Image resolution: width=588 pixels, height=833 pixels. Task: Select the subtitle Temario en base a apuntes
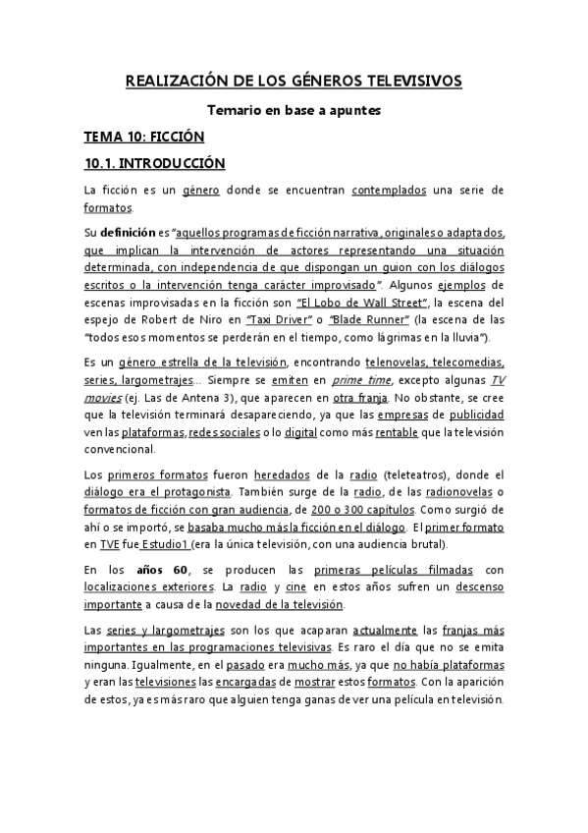[x=294, y=111]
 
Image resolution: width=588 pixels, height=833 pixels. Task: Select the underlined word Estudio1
[x=163, y=543]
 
